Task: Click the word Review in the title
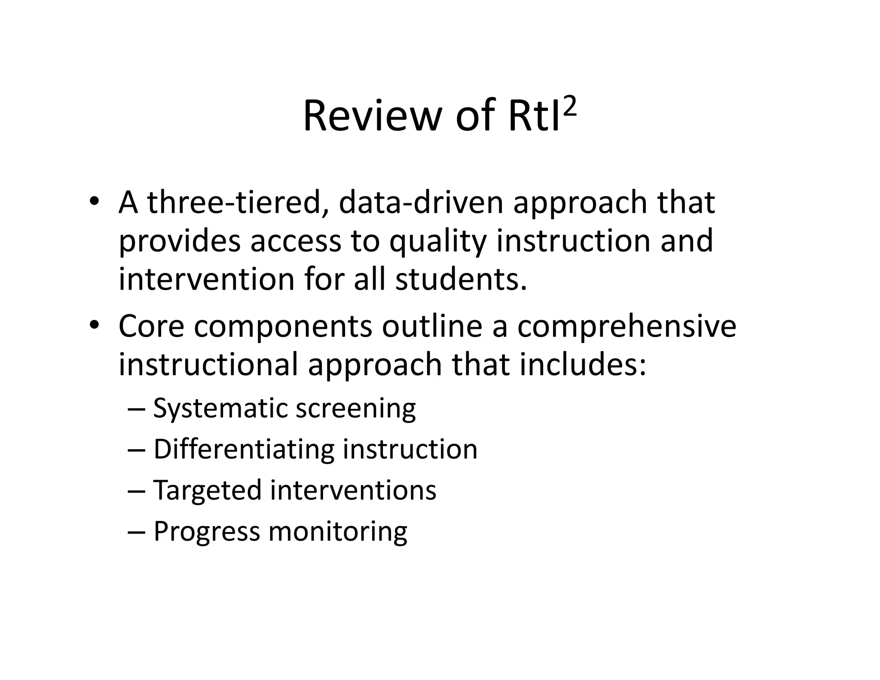[x=372, y=116]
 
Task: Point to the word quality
[x=438, y=241]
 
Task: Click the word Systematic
[x=220, y=408]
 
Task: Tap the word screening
[x=355, y=408]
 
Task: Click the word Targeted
[x=207, y=490]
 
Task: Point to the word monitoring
[x=337, y=532]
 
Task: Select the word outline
[x=432, y=326]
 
